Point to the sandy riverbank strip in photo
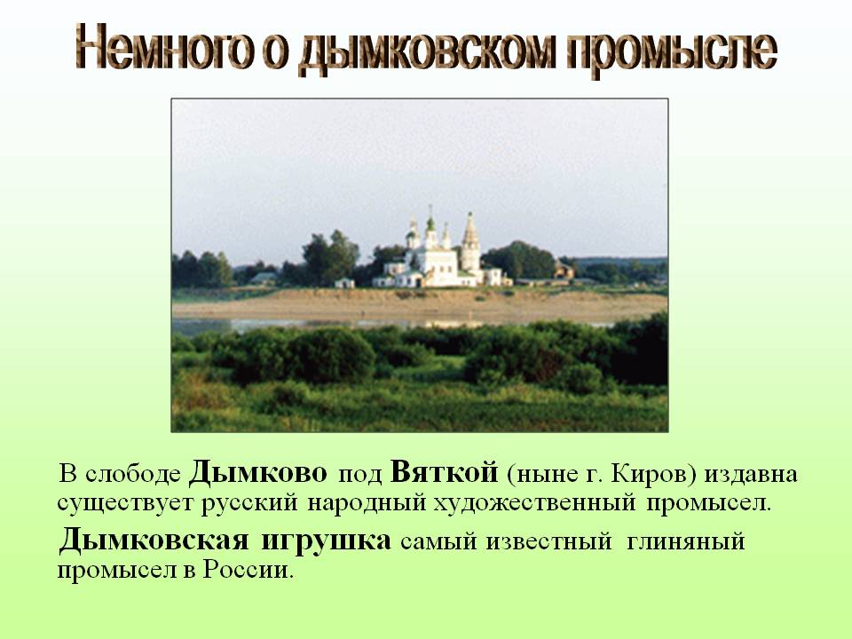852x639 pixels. click(x=417, y=306)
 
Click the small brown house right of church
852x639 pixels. click(x=563, y=271)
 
